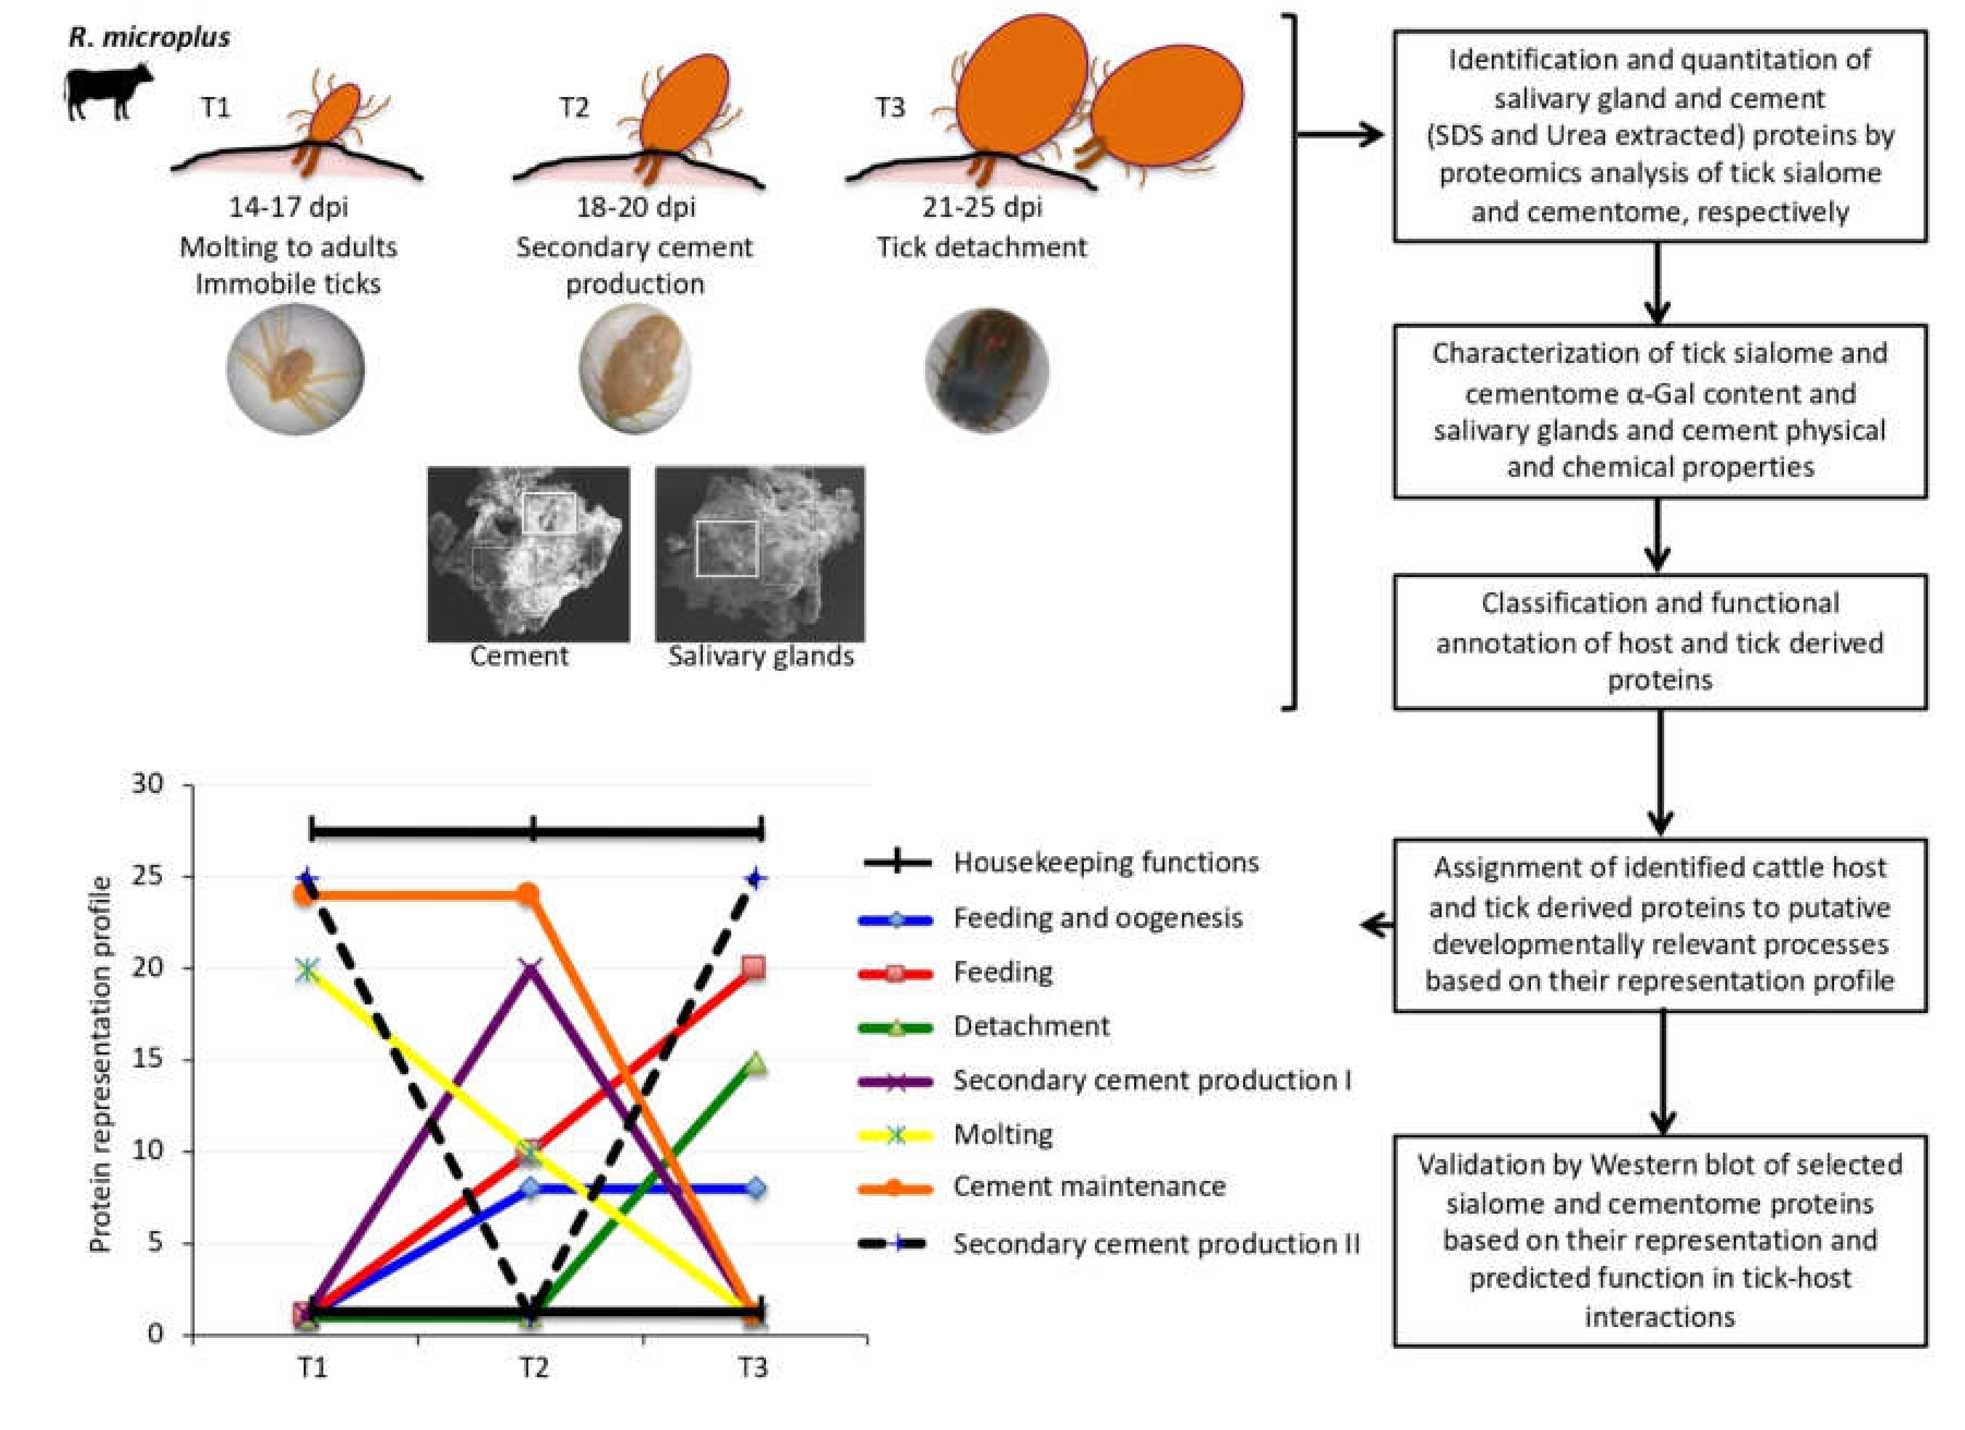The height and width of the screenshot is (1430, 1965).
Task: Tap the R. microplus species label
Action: click(x=149, y=37)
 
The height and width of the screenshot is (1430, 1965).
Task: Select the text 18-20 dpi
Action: click(x=635, y=207)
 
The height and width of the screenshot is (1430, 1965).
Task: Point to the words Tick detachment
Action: click(x=981, y=248)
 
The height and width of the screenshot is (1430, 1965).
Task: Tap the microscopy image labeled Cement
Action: click(x=528, y=554)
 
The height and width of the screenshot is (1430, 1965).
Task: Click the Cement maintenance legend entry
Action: click(x=1088, y=1186)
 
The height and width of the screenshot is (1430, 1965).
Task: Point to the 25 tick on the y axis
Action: click(x=148, y=876)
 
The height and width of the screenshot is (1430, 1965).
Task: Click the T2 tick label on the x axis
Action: click(x=534, y=1368)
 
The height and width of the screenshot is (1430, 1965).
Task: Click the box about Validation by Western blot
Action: click(x=1659, y=1240)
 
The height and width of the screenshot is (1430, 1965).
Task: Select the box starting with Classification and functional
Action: click(x=1659, y=642)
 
